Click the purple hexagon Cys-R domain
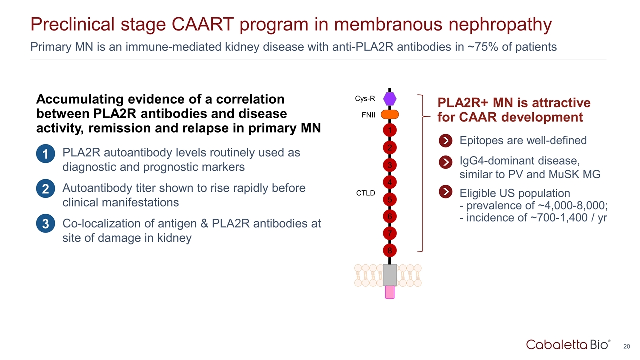point(390,98)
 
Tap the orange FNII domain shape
point(390,115)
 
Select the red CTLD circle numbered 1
point(390,130)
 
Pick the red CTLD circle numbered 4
point(390,182)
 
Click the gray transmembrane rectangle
point(390,275)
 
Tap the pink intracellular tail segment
point(390,292)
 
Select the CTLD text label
point(365,193)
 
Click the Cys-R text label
point(365,99)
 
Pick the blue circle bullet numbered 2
point(45,190)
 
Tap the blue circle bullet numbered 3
point(45,225)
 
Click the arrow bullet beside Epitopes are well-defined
point(445,141)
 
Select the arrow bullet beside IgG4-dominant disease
point(445,163)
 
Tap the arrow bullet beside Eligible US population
point(445,193)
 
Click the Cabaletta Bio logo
point(568,344)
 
